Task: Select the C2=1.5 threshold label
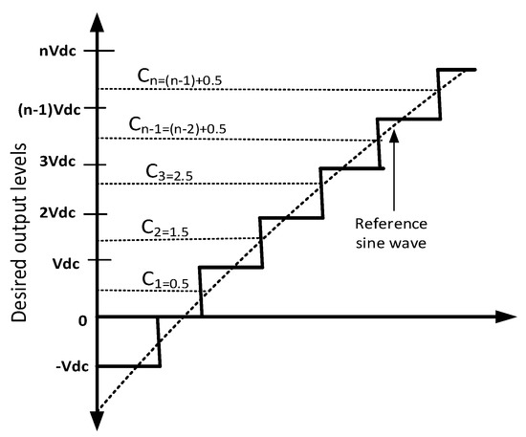(x=150, y=228)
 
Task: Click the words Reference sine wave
(x=389, y=232)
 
